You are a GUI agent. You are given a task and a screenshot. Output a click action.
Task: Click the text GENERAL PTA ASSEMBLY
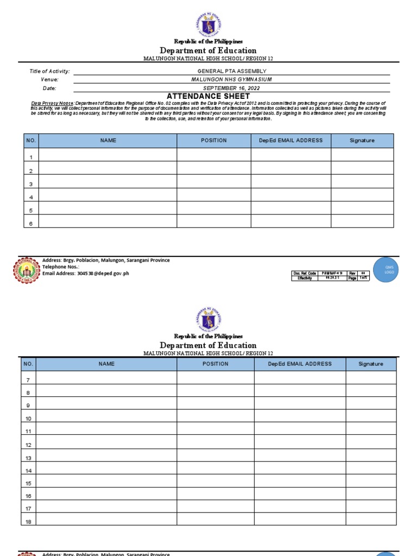232,71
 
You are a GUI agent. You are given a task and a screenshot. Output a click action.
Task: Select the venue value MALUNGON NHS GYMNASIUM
232,79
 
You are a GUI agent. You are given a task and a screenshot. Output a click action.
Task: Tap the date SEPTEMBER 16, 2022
232,88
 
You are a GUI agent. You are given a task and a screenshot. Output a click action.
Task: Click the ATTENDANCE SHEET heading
208,96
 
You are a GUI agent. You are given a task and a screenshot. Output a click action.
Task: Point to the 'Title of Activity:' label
49,71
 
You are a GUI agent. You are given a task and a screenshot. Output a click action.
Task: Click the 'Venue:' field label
49,80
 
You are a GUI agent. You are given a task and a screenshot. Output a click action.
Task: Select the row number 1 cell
31,157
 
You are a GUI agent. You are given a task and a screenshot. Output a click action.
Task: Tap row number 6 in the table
31,223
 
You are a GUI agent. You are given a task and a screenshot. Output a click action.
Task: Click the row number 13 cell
28,458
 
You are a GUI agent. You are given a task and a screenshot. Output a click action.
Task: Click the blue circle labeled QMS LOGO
389,270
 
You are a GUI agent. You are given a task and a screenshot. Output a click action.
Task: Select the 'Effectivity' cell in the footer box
304,278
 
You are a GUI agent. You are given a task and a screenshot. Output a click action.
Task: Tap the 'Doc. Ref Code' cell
304,273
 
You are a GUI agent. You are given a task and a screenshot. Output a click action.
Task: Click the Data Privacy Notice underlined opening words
52,103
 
